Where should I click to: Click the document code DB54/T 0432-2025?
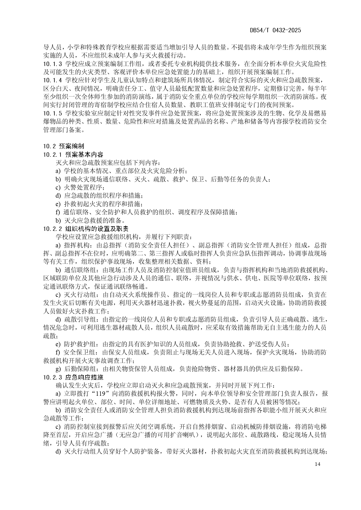coord(275,30)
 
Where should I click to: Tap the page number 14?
coord(317,464)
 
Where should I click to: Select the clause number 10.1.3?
coord(52,64)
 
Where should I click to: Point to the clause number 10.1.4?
coord(52,80)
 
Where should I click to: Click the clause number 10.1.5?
coord(52,113)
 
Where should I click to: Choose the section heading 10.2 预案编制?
coord(64,146)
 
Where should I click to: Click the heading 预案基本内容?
coord(84,154)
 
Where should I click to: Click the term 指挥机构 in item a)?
coord(76,245)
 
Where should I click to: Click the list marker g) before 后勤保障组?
coord(58,369)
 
